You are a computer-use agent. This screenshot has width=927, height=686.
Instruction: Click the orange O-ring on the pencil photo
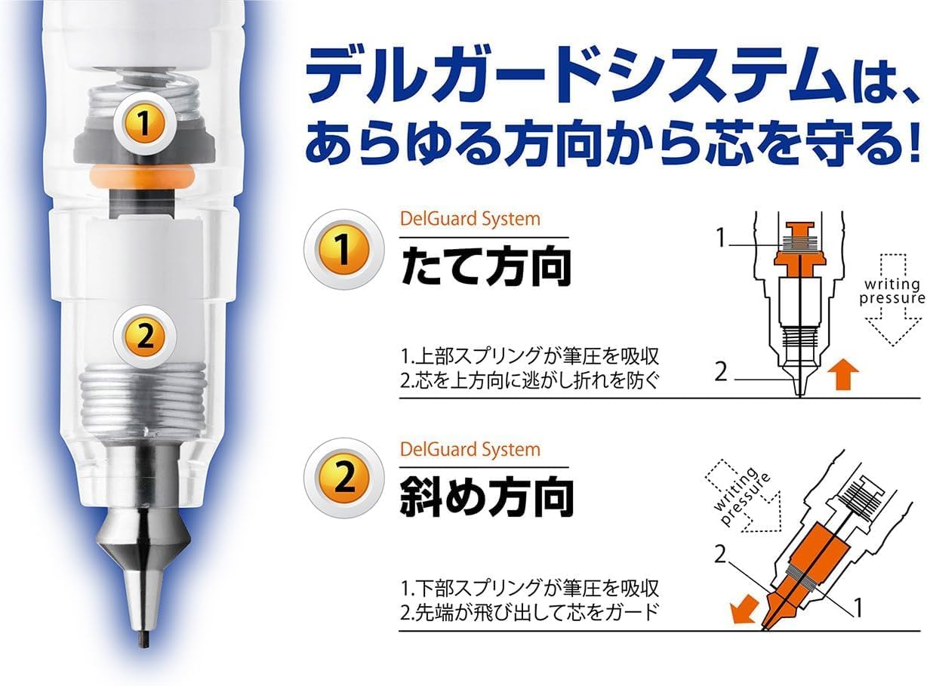tap(142, 176)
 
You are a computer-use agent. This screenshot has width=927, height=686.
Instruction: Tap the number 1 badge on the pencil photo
tap(143, 122)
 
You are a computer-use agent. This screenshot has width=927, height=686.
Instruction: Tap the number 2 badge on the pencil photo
tap(145, 337)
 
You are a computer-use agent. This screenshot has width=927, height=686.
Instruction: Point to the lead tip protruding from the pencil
tap(143, 640)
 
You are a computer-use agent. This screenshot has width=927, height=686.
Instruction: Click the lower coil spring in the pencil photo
tap(143, 395)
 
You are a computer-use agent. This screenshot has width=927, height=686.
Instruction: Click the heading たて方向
tap(485, 266)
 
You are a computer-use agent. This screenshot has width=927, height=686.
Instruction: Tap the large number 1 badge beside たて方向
tap(343, 250)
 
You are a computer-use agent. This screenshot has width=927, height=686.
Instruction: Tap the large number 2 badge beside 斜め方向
tap(343, 478)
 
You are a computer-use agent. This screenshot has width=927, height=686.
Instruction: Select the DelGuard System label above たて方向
tap(470, 220)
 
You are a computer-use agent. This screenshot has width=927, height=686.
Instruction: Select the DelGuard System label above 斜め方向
tap(470, 450)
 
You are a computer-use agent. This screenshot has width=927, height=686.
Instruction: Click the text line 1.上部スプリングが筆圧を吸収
tap(529, 356)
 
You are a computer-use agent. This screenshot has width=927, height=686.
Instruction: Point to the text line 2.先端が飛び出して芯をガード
tap(529, 613)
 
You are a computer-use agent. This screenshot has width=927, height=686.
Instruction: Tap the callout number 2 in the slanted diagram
tap(719, 555)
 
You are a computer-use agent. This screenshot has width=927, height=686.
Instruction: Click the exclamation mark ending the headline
tap(913, 141)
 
